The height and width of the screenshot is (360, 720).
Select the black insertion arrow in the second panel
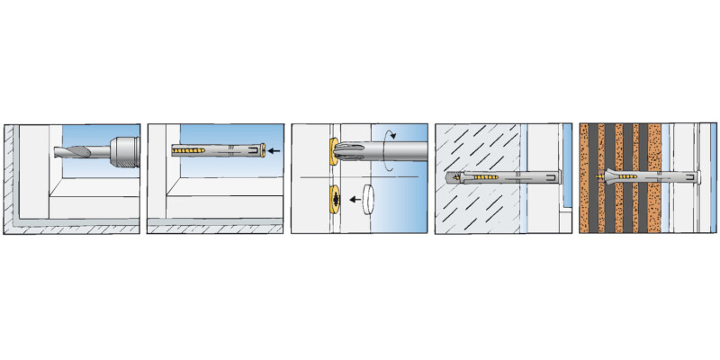[274, 151]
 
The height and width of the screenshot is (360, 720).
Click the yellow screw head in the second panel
[261, 150]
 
